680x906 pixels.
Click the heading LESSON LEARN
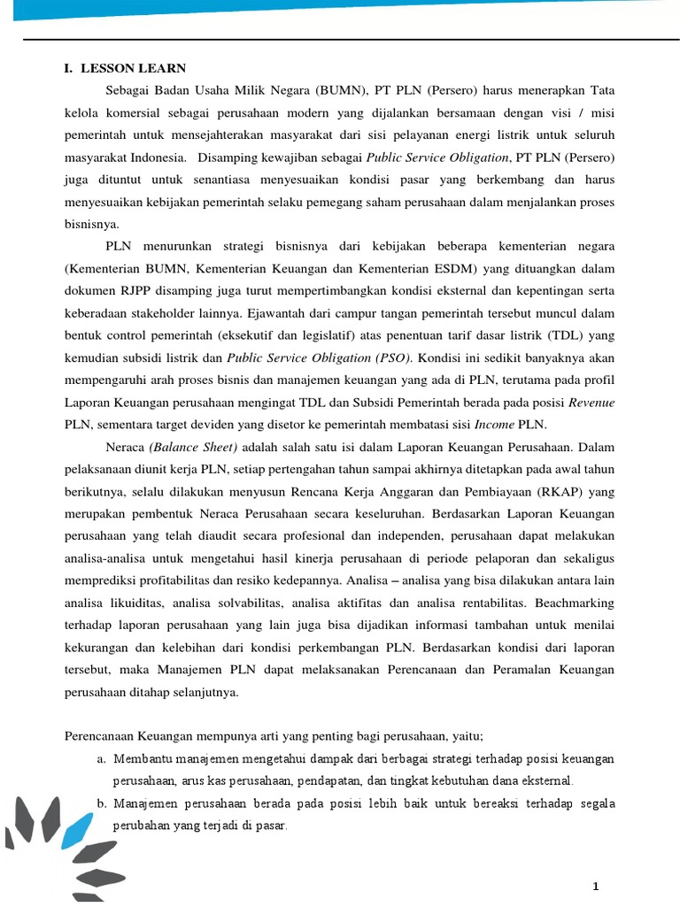134,68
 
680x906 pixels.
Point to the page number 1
596,887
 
